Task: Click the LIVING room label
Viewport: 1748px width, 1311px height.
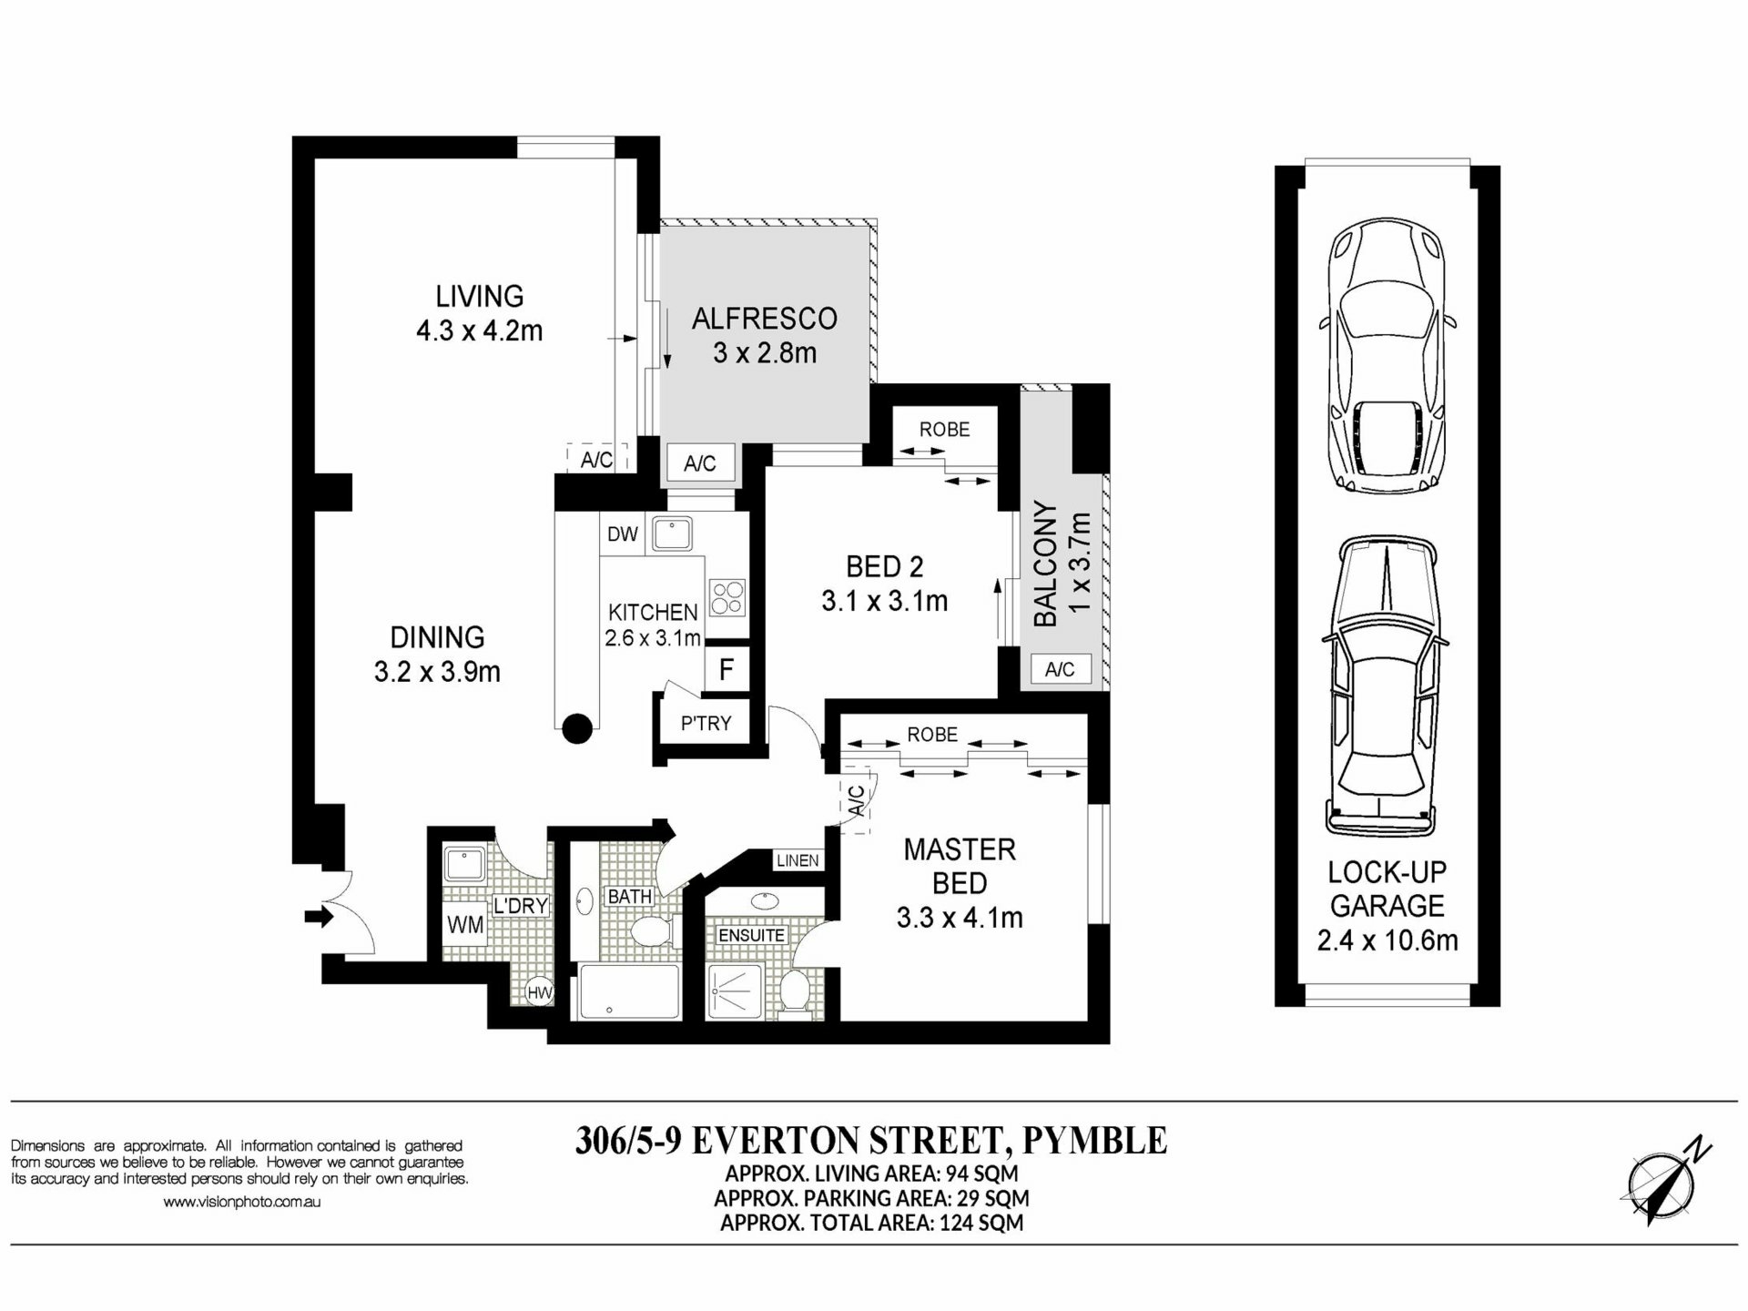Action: coord(479,297)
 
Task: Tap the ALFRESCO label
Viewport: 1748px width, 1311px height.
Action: coord(765,319)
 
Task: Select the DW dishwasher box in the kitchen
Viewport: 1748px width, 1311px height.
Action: coord(623,534)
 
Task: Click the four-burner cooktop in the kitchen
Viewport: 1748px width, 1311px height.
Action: coord(727,598)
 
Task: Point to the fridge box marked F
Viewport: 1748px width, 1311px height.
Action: coord(727,671)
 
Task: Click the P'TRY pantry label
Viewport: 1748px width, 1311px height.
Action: coord(706,723)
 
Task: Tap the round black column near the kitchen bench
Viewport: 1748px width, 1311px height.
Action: coord(577,728)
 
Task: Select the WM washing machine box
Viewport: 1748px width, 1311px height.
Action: coord(465,926)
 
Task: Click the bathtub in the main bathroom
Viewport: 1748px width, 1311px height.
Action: coord(630,991)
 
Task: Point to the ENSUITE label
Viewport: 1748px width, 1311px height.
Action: coord(751,935)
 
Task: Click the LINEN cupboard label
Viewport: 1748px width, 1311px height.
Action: coord(798,860)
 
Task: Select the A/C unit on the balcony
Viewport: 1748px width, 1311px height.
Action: coord(1060,670)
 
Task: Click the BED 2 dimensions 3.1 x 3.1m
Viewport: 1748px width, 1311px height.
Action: coord(884,602)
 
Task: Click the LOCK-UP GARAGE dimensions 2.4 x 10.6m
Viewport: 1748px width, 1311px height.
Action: coord(1387,940)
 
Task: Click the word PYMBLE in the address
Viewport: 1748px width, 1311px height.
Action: coord(1094,1140)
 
